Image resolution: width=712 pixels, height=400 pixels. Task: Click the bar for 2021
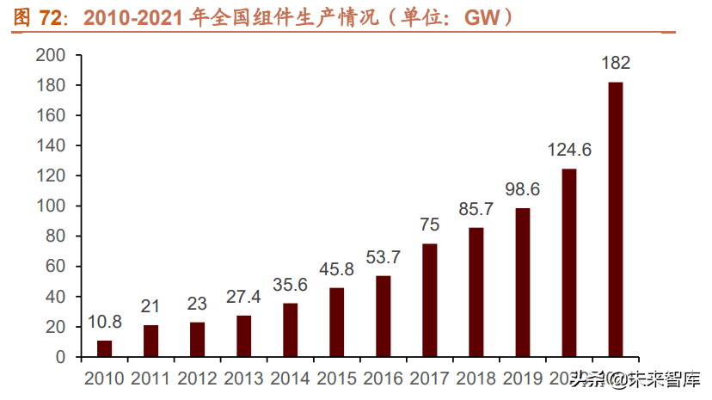click(616, 219)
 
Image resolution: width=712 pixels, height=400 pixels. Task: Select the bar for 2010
click(105, 348)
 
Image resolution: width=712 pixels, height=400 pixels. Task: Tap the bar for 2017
click(430, 300)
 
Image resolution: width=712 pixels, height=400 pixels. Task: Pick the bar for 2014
click(291, 330)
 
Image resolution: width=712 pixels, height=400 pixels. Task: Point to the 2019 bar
click(523, 282)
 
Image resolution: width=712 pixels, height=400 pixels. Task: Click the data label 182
click(616, 63)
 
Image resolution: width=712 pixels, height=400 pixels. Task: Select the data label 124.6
click(569, 150)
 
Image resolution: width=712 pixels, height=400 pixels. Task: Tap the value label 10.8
click(105, 322)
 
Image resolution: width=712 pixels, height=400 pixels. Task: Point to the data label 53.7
click(384, 257)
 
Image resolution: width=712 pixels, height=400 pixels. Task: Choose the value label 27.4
click(244, 297)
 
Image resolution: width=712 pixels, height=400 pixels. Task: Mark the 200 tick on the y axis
click(52, 55)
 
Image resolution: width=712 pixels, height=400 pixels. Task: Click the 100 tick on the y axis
click(52, 206)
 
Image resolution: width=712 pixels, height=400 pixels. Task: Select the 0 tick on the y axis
click(61, 357)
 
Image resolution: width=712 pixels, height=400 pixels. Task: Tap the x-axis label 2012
click(198, 378)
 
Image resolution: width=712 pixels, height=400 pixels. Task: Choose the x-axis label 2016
click(384, 378)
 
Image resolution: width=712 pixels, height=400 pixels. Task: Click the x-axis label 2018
click(476, 378)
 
